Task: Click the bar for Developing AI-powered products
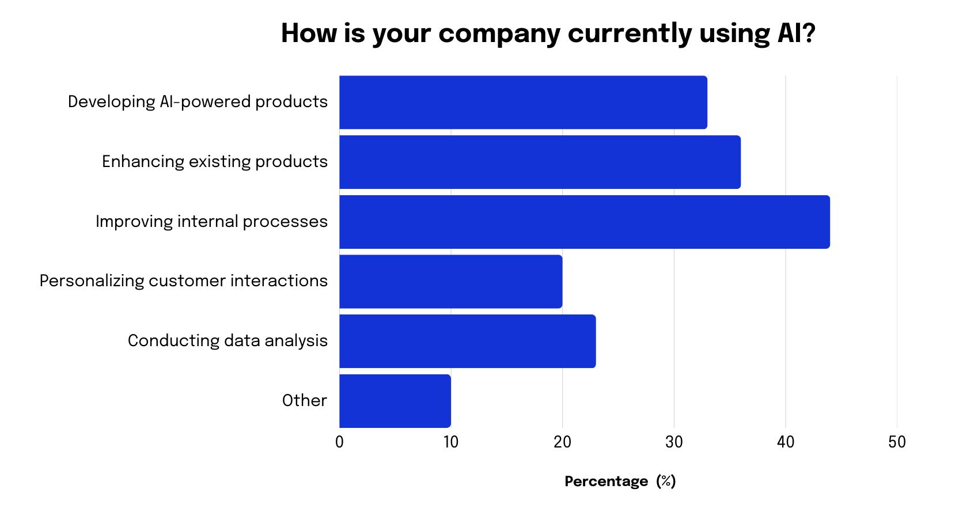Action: (x=523, y=103)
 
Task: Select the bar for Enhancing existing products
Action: (x=540, y=162)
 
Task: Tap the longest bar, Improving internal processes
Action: (x=584, y=222)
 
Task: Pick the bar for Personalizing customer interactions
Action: (x=450, y=282)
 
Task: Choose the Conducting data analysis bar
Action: (x=467, y=341)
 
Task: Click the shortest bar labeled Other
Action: (x=395, y=401)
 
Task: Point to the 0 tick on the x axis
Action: (x=339, y=442)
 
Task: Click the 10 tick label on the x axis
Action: (x=450, y=442)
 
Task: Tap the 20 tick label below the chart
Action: (x=562, y=442)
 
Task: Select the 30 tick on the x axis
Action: (x=674, y=442)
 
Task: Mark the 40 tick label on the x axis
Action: (x=785, y=442)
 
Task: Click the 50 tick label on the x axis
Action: (x=897, y=442)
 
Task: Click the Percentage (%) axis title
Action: (x=620, y=481)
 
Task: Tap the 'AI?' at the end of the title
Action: (x=797, y=33)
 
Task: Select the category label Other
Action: (x=304, y=401)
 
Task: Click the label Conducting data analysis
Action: (x=228, y=341)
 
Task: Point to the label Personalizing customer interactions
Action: (x=183, y=281)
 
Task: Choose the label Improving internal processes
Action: (x=211, y=222)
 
